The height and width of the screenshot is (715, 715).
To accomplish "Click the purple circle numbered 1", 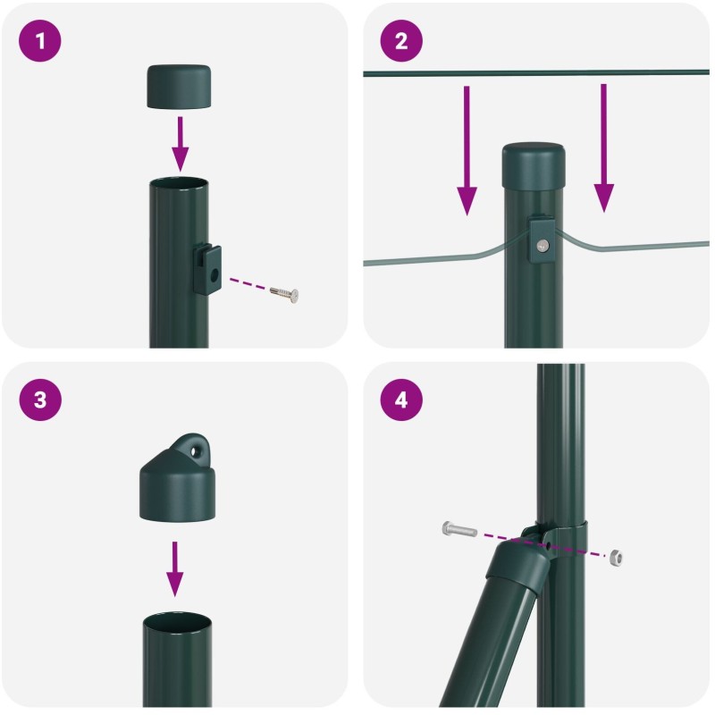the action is [39, 40].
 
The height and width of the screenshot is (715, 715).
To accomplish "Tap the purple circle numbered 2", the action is [401, 40].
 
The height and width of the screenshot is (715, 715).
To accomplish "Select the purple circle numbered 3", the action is [39, 400].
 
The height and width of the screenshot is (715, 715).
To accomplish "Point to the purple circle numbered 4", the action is [401, 400].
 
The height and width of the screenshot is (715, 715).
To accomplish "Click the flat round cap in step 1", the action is [180, 87].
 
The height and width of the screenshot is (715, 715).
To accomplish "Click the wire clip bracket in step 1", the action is [207, 269].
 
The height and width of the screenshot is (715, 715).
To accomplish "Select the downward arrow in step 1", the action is [181, 144].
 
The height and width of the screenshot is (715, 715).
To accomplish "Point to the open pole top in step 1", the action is [179, 184].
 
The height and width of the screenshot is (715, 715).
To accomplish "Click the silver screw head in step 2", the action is [543, 246].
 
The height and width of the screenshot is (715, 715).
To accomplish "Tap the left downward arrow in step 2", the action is [467, 150].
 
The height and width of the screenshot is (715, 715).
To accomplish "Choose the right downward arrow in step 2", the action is [604, 147].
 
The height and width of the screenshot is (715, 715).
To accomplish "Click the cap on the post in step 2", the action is [534, 165].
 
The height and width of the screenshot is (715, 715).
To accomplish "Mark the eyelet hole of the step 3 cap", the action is [197, 451].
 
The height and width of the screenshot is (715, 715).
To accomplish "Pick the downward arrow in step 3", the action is [174, 569].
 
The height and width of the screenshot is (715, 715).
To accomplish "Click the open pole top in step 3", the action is [177, 622].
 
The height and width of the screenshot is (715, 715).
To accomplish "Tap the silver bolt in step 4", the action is [459, 529].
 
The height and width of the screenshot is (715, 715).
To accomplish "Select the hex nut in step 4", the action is [616, 558].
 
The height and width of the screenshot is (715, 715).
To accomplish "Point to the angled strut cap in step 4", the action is [518, 566].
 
